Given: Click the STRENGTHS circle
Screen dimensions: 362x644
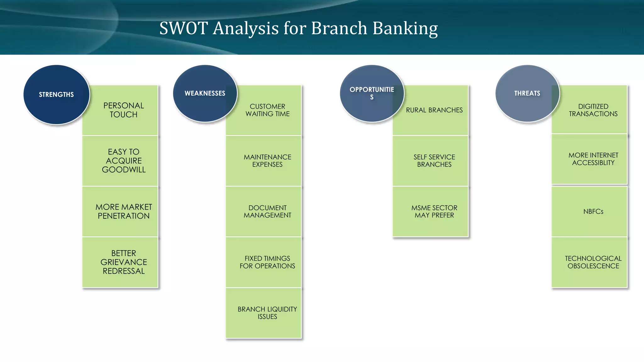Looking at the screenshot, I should [56, 95].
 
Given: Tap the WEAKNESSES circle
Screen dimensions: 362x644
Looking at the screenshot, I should [205, 93].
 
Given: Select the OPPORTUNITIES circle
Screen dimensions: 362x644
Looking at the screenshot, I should [372, 93].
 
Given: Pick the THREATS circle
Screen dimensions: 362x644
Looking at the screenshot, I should [527, 93].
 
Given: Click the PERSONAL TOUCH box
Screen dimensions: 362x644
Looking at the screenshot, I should [124, 110].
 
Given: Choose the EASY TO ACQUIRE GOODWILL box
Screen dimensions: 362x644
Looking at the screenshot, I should [124, 161].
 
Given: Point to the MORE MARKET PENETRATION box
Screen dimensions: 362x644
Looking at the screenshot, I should [124, 211].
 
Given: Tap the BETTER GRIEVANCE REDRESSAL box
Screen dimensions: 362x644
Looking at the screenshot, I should [124, 262].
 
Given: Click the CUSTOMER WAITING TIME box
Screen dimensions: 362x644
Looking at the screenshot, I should [267, 110].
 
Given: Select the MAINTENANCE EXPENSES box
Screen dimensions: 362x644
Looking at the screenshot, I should [267, 161].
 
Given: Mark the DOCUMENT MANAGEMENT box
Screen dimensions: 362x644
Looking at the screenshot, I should [267, 211].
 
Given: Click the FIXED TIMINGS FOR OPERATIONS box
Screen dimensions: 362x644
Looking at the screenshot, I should [267, 262].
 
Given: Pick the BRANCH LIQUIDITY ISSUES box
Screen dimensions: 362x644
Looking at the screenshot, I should [267, 313].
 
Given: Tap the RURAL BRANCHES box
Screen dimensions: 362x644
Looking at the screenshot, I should [434, 110].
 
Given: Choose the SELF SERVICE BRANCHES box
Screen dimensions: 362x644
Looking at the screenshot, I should [434, 161].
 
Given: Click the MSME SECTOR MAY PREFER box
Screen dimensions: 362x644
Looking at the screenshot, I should [434, 211].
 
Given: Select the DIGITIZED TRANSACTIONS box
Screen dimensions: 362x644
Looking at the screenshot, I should [593, 110].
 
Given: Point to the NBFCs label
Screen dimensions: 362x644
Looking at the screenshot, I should [593, 211].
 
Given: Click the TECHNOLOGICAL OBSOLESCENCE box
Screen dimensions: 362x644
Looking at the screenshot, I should [593, 262].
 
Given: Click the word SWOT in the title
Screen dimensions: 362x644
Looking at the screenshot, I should [184, 28].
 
